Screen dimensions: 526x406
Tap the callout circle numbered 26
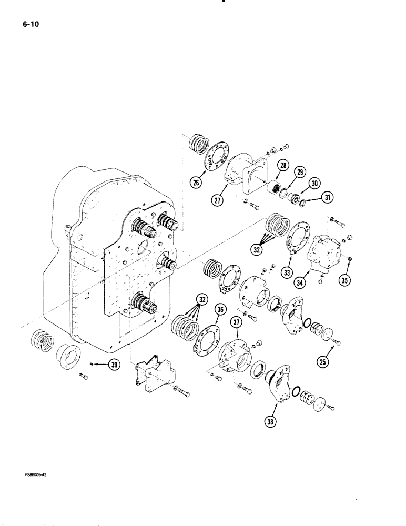(196, 184)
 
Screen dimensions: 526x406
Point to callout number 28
(283, 167)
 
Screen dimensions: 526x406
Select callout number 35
(344, 280)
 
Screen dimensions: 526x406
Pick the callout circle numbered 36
(219, 310)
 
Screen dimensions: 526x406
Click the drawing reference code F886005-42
(36, 474)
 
